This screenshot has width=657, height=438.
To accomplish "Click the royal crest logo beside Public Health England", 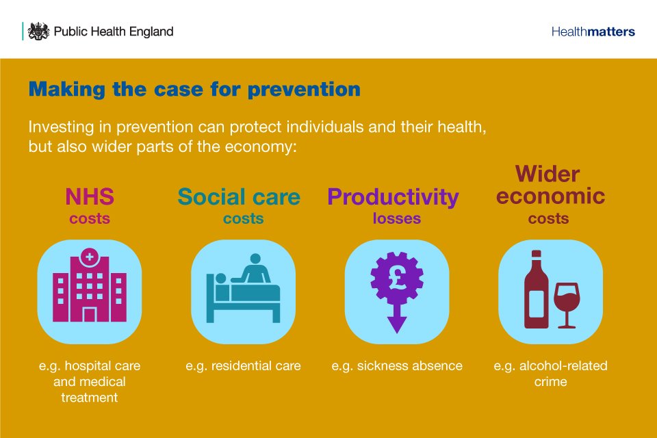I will tap(39, 31).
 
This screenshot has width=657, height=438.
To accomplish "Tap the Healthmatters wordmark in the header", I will tap(593, 31).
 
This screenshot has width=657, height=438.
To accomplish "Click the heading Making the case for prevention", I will tap(194, 90).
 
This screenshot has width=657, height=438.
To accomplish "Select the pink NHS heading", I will tap(90, 196).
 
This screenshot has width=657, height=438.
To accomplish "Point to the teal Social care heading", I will tap(239, 197).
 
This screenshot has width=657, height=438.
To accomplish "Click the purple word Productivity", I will tap(393, 197).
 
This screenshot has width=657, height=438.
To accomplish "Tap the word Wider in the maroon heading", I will tap(547, 173).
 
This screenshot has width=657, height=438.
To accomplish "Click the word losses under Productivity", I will tap(397, 219).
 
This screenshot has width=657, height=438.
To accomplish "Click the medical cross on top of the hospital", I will tap(90, 258).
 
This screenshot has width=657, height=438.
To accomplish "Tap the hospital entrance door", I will tap(90, 314).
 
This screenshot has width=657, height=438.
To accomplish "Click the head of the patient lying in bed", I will tap(220, 279).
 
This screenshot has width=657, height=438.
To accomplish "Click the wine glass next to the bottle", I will tap(567, 301).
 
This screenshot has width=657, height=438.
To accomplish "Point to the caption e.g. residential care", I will tap(243, 365).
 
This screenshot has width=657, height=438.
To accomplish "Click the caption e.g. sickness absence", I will tap(397, 365).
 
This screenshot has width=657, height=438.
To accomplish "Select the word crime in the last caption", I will tap(550, 381).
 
